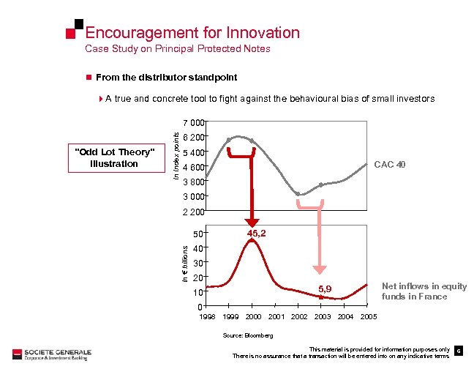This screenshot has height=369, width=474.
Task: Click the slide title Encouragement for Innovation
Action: coord(192,33)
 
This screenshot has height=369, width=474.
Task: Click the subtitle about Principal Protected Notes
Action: coord(178,49)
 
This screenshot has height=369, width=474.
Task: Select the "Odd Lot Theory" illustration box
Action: coord(113,157)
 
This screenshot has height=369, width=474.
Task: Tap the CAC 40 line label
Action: coord(389,165)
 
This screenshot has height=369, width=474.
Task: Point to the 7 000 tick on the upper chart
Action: coord(195,123)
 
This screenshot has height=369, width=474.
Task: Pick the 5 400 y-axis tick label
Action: coord(195,153)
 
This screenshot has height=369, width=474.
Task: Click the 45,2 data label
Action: coord(256,234)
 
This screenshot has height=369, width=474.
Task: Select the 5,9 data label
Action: coord(324,289)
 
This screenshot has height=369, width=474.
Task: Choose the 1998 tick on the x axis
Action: coord(207,316)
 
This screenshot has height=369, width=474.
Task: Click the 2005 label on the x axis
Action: coord(369,316)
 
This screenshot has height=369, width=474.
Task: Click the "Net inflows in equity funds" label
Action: coord(414,291)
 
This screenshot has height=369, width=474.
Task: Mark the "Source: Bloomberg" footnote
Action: coord(248,335)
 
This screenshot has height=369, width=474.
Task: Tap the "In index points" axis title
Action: coord(176,152)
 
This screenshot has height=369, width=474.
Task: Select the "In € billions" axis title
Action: coord(185,263)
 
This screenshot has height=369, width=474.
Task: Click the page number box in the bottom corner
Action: coord(458,351)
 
